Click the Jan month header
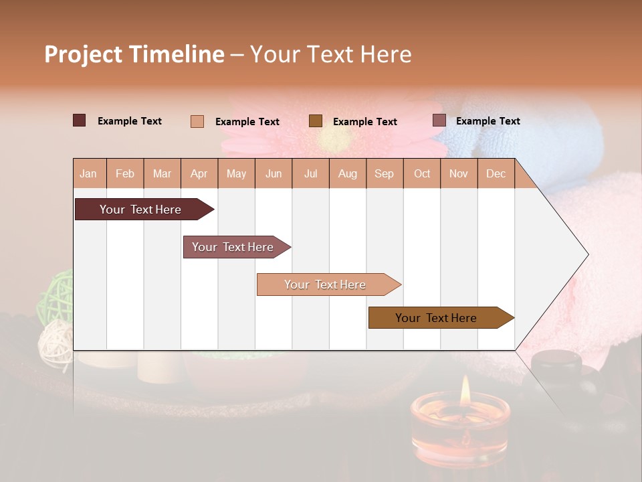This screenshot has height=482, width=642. [x=88, y=173]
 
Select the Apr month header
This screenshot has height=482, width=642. [x=199, y=173]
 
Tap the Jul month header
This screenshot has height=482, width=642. [x=311, y=173]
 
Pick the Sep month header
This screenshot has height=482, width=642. [x=384, y=173]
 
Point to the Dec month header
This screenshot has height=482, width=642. [x=496, y=173]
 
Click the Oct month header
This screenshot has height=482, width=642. [x=422, y=173]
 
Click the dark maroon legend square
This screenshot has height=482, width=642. [x=79, y=120]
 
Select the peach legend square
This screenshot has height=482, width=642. [x=197, y=121]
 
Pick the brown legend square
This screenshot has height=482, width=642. [x=316, y=121]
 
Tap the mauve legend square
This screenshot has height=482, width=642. [x=439, y=120]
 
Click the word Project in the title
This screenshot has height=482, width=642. [x=84, y=54]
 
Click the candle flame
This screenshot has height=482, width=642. [x=465, y=388]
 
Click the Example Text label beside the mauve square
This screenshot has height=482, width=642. [x=488, y=121]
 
